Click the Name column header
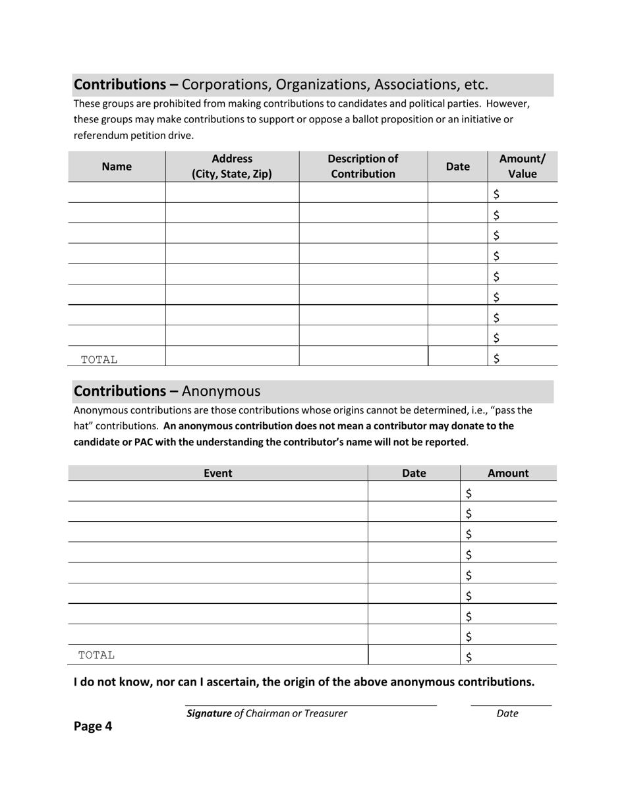pos(117,167)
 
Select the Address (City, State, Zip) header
pos(232,167)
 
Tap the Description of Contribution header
pos(363,167)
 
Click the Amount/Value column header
pos(523,167)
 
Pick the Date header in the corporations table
pos(458,167)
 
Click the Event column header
pos(217,473)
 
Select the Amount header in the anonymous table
pos(508,473)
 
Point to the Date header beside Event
pos(414,473)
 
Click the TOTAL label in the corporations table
pos(99,360)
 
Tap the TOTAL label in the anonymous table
pos(97,655)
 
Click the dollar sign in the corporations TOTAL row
pos(496,358)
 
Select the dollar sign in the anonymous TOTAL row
pos(469,656)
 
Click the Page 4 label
pos(93,726)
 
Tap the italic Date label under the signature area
pos(507,713)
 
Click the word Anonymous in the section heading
pos(221,391)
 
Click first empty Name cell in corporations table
pos(117,192)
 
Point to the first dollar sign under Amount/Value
pos(496,194)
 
